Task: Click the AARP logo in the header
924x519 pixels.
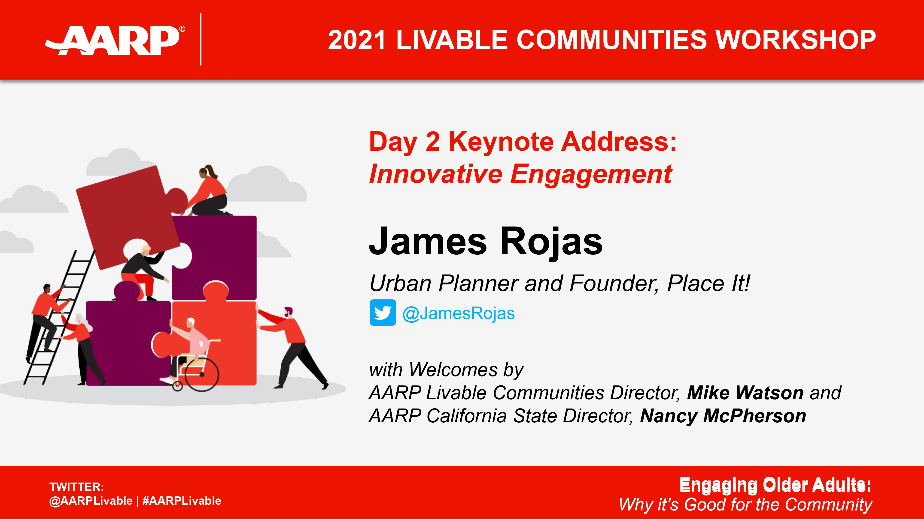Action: coord(115,40)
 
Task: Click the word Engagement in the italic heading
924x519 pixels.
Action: coord(591,174)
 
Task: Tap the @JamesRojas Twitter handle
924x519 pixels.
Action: coord(458,313)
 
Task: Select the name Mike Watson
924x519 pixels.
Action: coord(745,393)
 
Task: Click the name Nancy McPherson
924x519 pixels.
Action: coord(723,416)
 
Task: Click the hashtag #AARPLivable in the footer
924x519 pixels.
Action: coord(182,501)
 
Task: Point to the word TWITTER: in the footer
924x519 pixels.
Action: coord(76,487)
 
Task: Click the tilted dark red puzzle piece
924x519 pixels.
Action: coord(125,215)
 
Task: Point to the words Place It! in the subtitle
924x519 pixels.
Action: coord(708,284)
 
